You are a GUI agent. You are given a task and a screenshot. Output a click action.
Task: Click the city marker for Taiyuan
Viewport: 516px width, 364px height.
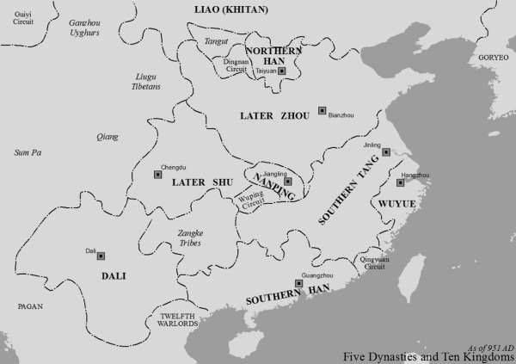point(270,71)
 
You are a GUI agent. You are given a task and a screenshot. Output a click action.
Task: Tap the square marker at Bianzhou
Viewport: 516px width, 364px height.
point(322,110)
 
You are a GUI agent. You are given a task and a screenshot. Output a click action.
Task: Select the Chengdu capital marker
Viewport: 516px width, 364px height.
point(157,174)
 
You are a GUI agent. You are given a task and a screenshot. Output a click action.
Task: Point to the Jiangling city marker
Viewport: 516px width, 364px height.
point(288,182)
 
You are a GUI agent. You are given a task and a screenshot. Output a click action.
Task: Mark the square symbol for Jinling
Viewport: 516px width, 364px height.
point(386,151)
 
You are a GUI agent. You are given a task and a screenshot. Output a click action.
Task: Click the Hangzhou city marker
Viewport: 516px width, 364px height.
point(400,182)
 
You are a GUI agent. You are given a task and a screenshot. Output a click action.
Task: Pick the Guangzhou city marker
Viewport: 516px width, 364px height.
point(298,283)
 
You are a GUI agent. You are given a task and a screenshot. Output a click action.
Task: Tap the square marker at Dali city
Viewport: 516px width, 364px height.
point(101,256)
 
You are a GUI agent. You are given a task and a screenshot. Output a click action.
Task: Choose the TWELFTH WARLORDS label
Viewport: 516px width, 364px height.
point(178,321)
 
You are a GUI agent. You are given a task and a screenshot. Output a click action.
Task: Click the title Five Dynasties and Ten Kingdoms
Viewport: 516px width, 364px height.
point(427,356)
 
